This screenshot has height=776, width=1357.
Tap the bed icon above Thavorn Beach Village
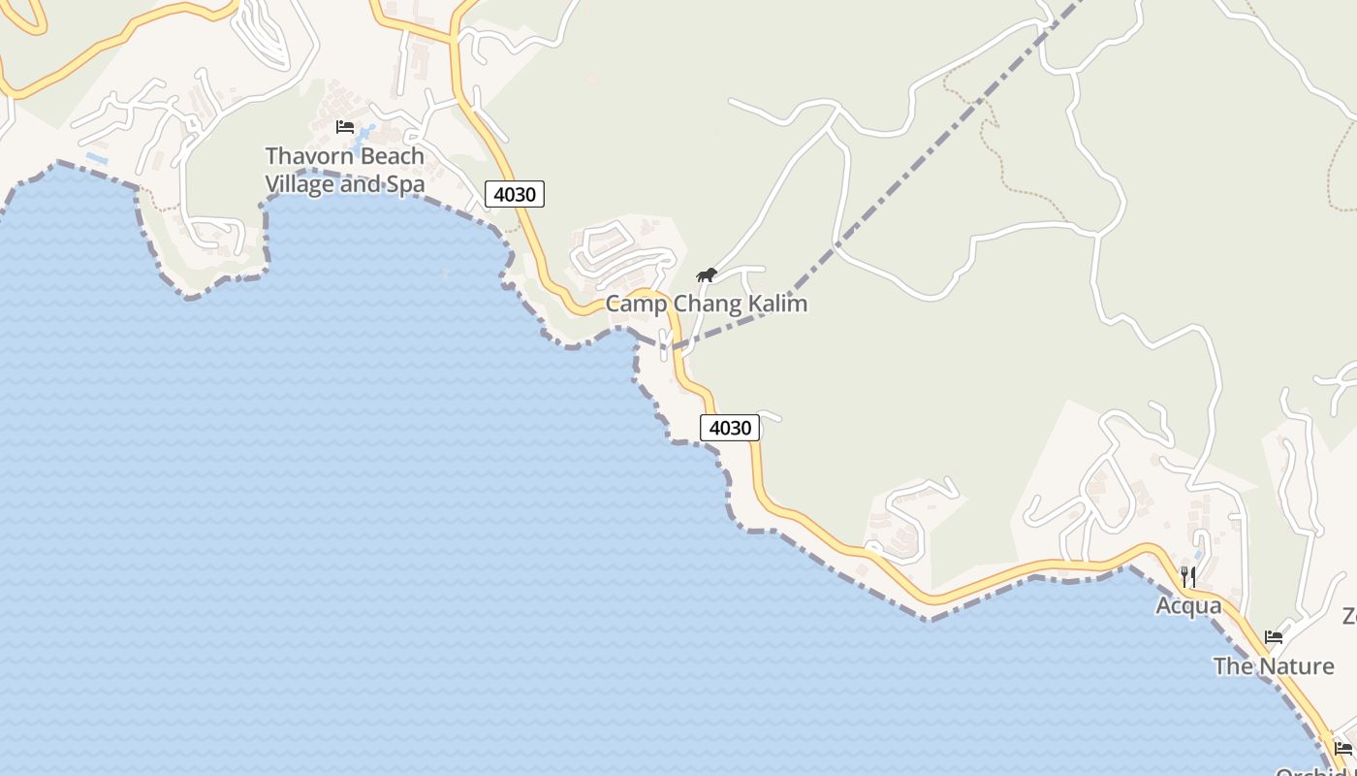click(x=344, y=126)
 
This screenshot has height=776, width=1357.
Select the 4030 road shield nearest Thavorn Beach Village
click(x=515, y=194)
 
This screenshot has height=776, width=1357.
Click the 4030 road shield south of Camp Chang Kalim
click(x=730, y=428)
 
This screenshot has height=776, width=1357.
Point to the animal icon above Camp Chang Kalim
click(x=707, y=275)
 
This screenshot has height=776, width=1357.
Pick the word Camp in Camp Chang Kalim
click(x=636, y=305)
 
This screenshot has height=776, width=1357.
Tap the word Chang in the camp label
click(x=708, y=305)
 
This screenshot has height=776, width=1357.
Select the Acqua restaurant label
click(x=1188, y=606)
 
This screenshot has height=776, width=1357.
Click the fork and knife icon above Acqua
click(x=1188, y=577)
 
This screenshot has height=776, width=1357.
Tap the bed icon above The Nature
click(x=1274, y=637)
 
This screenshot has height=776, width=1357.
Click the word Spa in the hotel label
click(x=405, y=183)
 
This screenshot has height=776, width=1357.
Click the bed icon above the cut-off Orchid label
click(x=1342, y=748)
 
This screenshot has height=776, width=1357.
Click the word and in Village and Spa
click(x=359, y=183)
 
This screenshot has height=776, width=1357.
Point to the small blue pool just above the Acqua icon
click(x=1198, y=555)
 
